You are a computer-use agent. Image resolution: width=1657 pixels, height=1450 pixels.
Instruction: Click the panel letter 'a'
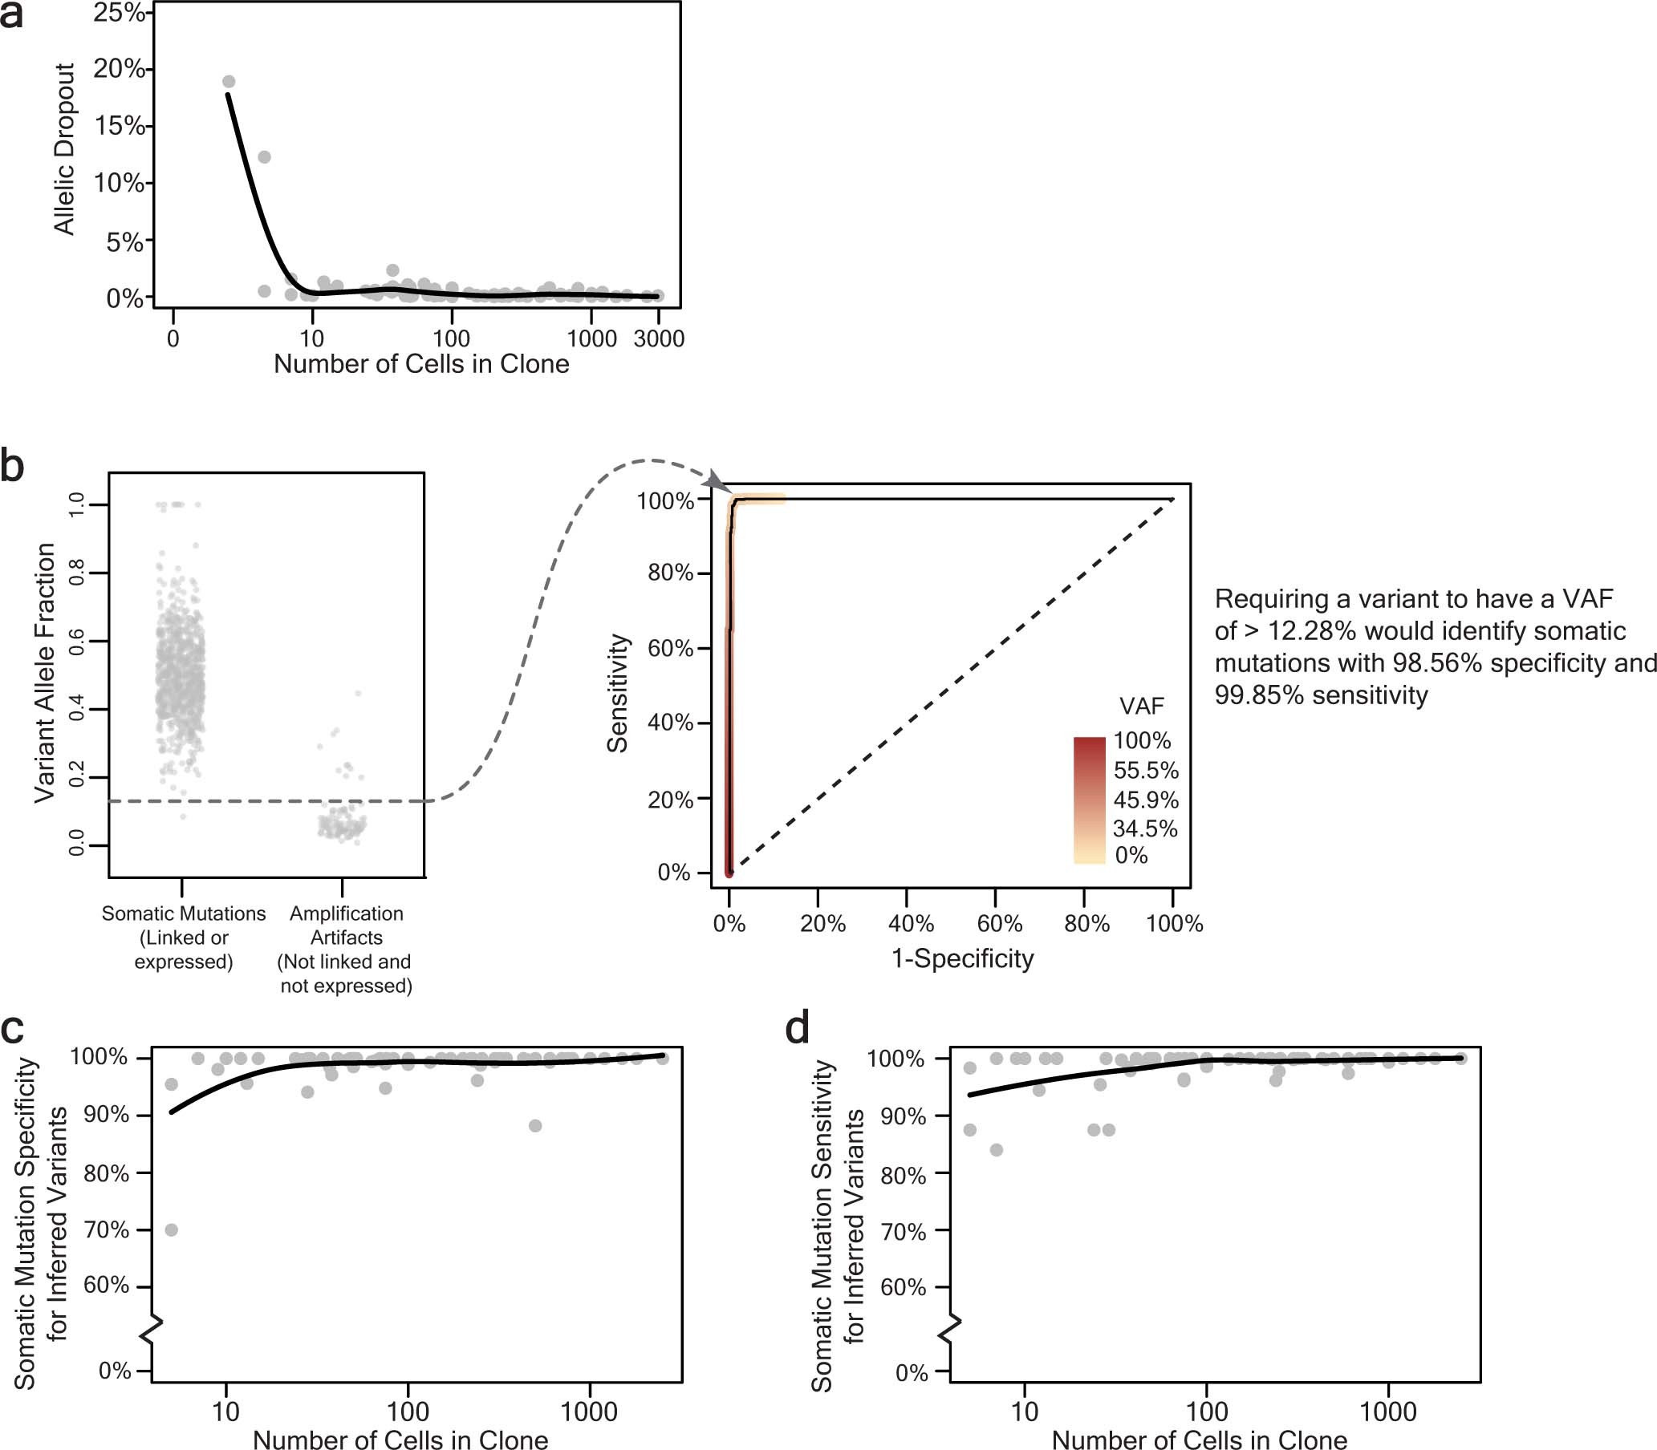[11, 16]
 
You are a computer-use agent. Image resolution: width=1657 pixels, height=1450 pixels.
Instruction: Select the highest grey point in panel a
[228, 82]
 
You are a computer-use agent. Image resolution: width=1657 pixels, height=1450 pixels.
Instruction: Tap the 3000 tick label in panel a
[658, 339]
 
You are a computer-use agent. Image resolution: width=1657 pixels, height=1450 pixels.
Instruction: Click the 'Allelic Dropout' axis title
[64, 150]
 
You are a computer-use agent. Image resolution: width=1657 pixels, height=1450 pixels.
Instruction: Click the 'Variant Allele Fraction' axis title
[44, 672]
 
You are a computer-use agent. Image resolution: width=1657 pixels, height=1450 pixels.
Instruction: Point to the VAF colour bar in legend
[1089, 800]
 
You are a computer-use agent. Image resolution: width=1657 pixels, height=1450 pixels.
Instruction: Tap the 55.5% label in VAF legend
[1145, 769]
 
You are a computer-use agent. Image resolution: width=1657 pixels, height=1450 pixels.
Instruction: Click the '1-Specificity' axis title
[961, 958]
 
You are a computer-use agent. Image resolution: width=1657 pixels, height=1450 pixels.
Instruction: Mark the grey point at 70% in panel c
[171, 1230]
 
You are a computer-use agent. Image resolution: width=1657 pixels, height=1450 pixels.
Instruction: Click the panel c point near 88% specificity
[535, 1125]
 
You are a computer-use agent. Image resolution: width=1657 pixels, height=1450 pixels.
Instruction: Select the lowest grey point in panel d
[996, 1150]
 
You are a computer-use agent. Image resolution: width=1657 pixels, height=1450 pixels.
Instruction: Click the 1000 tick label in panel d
[1387, 1412]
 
